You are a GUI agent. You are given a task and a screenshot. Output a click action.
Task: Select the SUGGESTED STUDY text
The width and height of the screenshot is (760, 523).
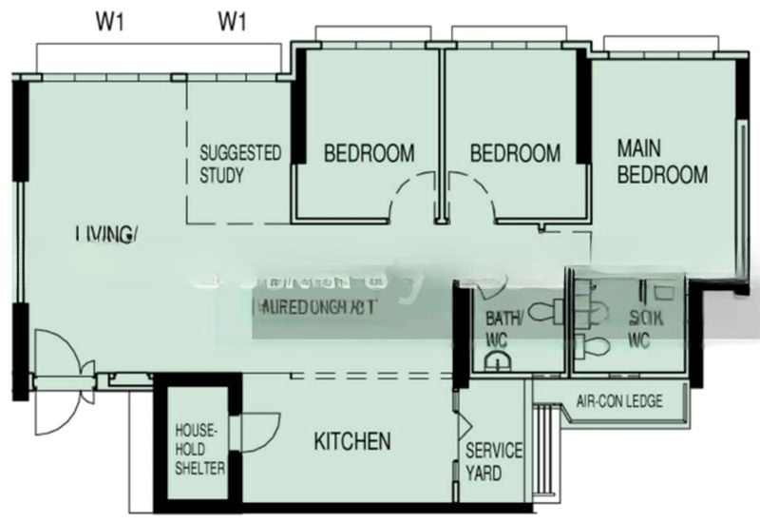click(240, 164)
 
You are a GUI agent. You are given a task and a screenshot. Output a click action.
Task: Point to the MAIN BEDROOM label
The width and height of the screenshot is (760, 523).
click(662, 162)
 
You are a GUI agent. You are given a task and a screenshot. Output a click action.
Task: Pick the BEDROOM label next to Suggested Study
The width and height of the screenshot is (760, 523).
click(370, 153)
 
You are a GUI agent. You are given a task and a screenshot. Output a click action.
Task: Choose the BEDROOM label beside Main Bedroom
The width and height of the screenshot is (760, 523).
click(515, 153)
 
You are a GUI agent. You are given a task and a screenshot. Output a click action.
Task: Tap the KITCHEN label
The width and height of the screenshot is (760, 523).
click(352, 441)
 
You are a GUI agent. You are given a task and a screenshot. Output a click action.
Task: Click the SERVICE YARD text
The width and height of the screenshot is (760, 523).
click(493, 461)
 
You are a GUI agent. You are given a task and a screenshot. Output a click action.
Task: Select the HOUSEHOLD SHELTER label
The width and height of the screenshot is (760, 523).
click(199, 450)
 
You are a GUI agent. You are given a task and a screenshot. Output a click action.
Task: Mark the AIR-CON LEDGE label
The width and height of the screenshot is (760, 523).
click(619, 401)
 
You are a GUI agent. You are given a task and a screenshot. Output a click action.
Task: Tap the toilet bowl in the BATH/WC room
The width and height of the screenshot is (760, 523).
click(544, 310)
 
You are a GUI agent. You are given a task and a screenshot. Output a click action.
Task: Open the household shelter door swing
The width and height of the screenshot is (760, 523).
click(260, 428)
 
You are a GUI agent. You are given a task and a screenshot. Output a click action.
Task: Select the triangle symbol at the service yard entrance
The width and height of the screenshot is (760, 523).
click(465, 424)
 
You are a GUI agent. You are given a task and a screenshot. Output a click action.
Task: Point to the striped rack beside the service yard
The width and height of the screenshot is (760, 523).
click(544, 447)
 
